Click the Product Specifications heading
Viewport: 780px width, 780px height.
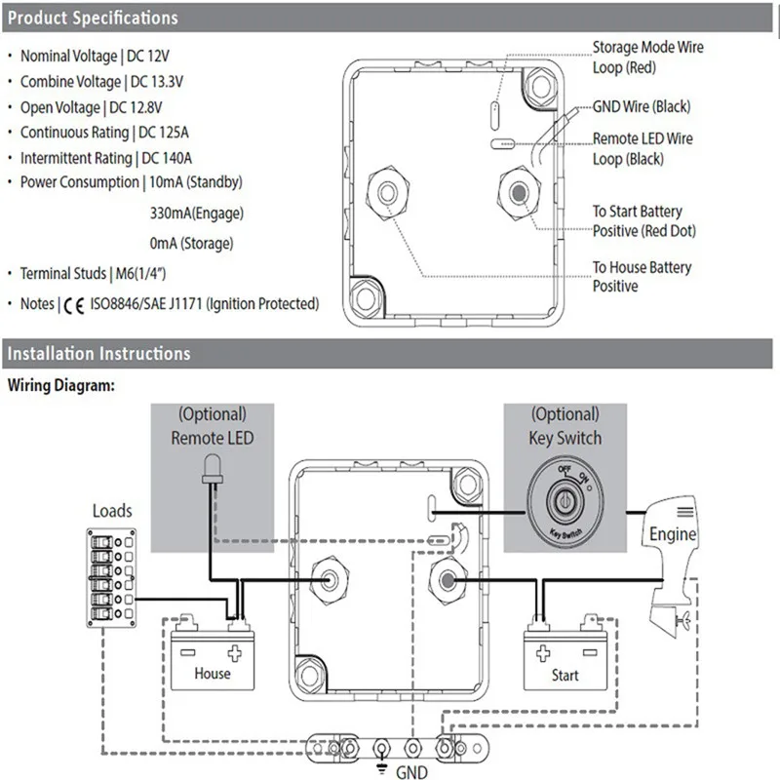93,18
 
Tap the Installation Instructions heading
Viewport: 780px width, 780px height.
99,354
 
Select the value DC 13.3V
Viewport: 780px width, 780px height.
157,82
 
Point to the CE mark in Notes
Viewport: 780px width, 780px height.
74,305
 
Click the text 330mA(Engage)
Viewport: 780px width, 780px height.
197,214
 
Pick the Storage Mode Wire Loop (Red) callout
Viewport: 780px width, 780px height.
647,58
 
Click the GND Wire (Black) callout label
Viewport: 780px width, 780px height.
642,106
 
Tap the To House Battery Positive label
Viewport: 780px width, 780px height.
642,277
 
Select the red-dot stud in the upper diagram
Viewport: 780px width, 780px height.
519,192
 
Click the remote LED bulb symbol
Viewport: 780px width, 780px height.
213,469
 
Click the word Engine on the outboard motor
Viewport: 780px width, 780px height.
673,533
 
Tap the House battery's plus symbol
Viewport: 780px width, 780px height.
234,653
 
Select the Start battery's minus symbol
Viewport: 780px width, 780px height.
590,652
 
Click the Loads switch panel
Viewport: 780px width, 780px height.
111,577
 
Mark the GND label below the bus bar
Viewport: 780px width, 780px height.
411,771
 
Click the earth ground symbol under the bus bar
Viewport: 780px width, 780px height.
381,768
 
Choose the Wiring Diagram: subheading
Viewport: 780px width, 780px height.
61,385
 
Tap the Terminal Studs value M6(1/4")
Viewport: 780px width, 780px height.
140,274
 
